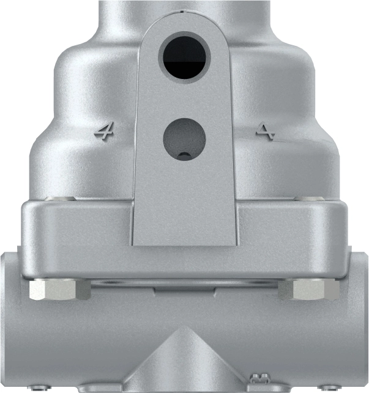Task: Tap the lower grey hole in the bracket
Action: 184,138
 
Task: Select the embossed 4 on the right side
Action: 266,130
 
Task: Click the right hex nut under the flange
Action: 310,290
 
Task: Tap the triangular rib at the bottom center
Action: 185,361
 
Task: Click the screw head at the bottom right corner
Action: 329,386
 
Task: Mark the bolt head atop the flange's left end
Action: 62,199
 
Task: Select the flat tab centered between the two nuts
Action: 185,287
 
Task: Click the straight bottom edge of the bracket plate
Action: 184,245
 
